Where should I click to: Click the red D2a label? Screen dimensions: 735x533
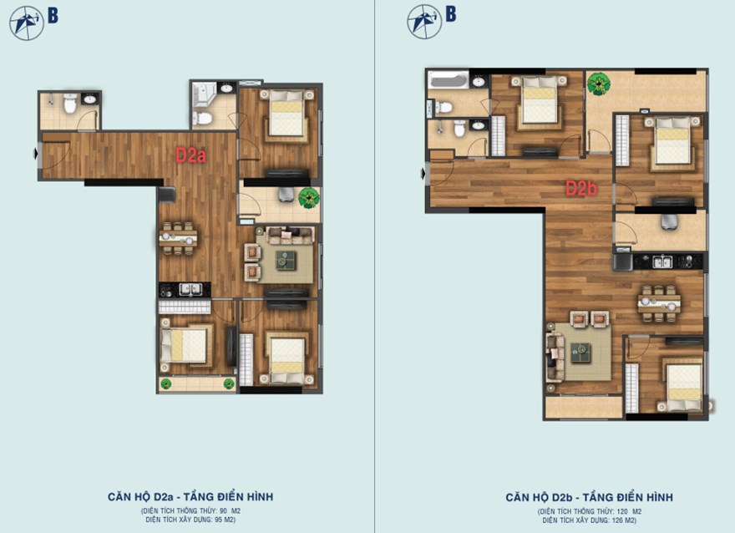(190, 155)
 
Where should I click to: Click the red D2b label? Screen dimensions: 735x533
(581, 189)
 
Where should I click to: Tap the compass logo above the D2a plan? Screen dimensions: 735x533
(27, 23)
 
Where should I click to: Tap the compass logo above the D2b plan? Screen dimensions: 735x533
(424, 22)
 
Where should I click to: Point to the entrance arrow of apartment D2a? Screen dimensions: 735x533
(36, 153)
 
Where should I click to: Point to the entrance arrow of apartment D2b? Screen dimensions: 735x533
(423, 174)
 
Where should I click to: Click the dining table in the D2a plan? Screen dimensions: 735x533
(178, 239)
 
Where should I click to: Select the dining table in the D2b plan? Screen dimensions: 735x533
(659, 304)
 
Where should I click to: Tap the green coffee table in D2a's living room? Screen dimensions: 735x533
(286, 260)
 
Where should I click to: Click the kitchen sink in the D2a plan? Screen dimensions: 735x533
(190, 290)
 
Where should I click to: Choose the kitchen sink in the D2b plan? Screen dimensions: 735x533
(662, 261)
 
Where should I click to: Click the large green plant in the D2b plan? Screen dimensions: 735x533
(599, 84)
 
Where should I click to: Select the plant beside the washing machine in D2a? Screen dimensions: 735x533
(309, 198)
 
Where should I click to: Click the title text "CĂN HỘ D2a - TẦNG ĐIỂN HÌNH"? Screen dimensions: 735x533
(190, 497)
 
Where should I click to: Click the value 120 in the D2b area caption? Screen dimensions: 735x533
(623, 511)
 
